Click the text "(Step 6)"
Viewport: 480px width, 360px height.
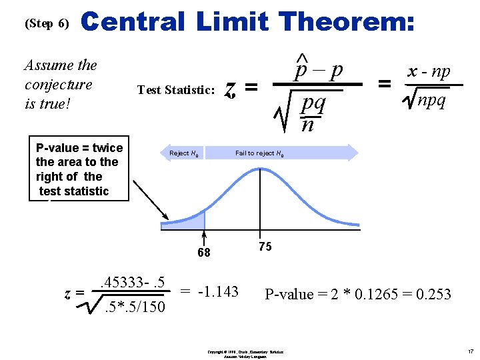click(x=47, y=23)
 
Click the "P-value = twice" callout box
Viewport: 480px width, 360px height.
click(x=79, y=169)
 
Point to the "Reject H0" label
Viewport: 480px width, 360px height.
click(x=183, y=153)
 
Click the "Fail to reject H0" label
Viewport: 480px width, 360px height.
click(x=260, y=153)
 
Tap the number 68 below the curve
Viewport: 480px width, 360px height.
click(x=203, y=253)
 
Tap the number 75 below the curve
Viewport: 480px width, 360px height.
click(x=265, y=247)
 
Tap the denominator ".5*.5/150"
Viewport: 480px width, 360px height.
click(x=135, y=307)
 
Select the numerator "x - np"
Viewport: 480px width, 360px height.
click(x=429, y=72)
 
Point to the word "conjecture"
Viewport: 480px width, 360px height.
click(x=58, y=85)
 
